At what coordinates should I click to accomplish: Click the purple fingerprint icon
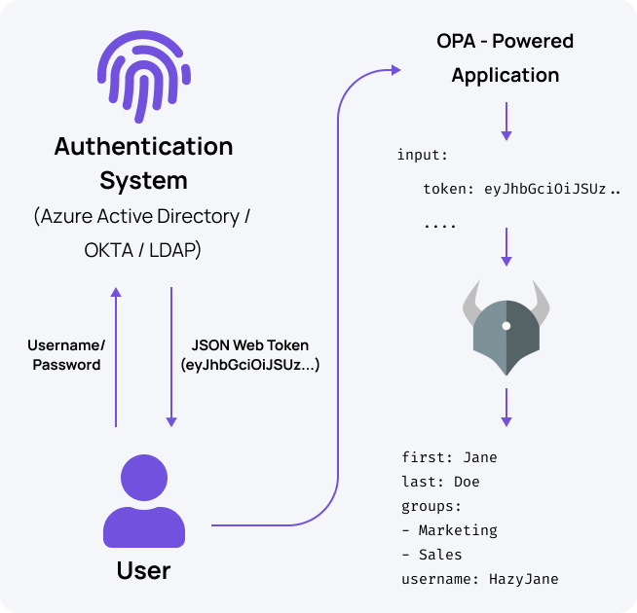point(143,74)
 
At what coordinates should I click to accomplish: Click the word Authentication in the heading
point(143,147)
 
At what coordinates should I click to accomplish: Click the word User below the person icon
point(143,569)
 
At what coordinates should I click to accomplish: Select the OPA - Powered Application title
point(505,58)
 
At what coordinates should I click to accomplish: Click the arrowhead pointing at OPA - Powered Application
point(394,69)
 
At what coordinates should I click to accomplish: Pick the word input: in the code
point(421,156)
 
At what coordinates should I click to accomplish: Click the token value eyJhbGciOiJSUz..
point(545,190)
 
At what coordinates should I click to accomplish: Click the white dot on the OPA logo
point(506,326)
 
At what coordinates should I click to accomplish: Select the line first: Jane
point(449,457)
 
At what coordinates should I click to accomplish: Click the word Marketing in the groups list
point(457,530)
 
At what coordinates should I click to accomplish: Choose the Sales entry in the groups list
point(440,555)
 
